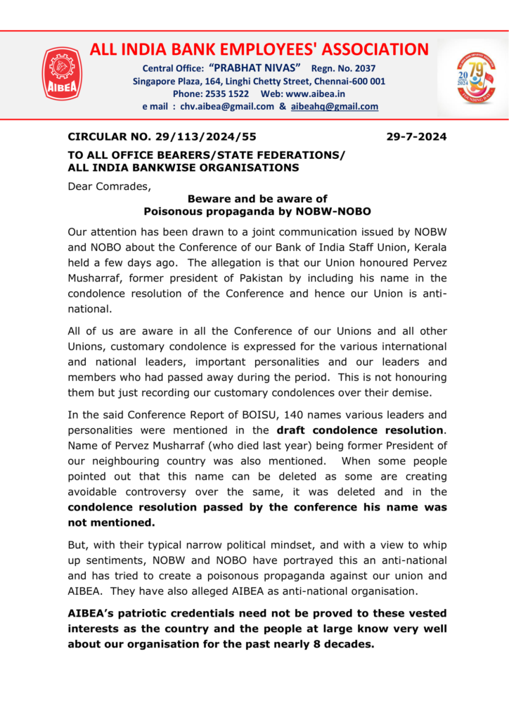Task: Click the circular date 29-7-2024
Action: (x=416, y=136)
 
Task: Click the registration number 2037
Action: (x=362, y=68)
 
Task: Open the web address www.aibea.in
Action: (x=316, y=94)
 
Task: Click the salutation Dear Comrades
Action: (x=110, y=186)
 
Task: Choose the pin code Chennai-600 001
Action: (x=352, y=81)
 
